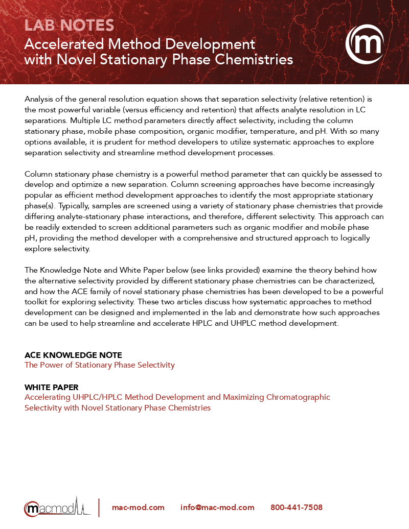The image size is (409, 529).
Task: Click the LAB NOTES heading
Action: click(x=69, y=25)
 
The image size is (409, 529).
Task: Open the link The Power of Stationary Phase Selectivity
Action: click(x=100, y=365)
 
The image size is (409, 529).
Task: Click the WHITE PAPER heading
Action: click(x=52, y=388)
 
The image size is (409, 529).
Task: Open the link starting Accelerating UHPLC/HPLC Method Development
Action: click(x=177, y=397)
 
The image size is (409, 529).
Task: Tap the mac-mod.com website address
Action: click(x=138, y=508)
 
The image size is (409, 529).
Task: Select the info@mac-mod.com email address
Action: click(x=217, y=508)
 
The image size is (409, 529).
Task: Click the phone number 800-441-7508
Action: click(x=297, y=508)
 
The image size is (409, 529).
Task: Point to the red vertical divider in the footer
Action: click(x=99, y=508)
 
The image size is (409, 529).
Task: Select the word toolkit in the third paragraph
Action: click(x=39, y=302)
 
